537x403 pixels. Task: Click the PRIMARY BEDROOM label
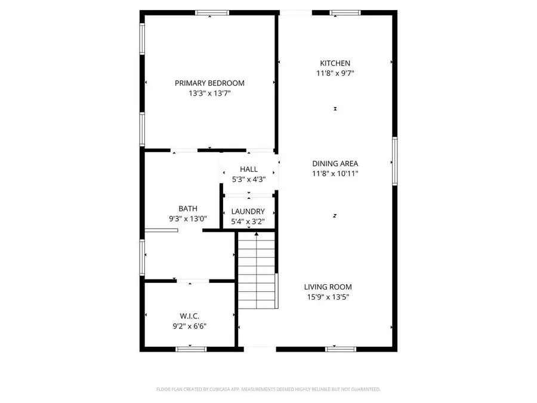click(209, 83)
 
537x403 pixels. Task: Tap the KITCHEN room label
click(335, 63)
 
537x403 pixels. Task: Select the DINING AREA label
click(335, 164)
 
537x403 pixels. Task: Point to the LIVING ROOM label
click(328, 287)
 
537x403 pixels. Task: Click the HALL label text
click(249, 170)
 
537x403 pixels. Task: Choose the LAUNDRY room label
click(248, 211)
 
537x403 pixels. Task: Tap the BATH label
click(188, 208)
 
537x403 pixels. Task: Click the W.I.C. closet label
click(189, 316)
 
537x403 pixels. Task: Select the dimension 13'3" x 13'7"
click(209, 94)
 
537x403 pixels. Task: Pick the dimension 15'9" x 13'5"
click(328, 297)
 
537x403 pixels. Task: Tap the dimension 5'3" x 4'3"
click(249, 179)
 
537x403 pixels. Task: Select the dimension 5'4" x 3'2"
click(248, 222)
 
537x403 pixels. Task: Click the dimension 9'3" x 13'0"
click(188, 219)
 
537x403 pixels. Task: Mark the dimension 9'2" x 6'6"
click(189, 326)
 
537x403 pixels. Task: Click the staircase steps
click(257, 272)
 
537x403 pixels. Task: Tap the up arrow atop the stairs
click(257, 234)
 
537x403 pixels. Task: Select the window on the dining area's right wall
click(394, 161)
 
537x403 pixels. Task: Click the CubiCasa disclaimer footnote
click(268, 389)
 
